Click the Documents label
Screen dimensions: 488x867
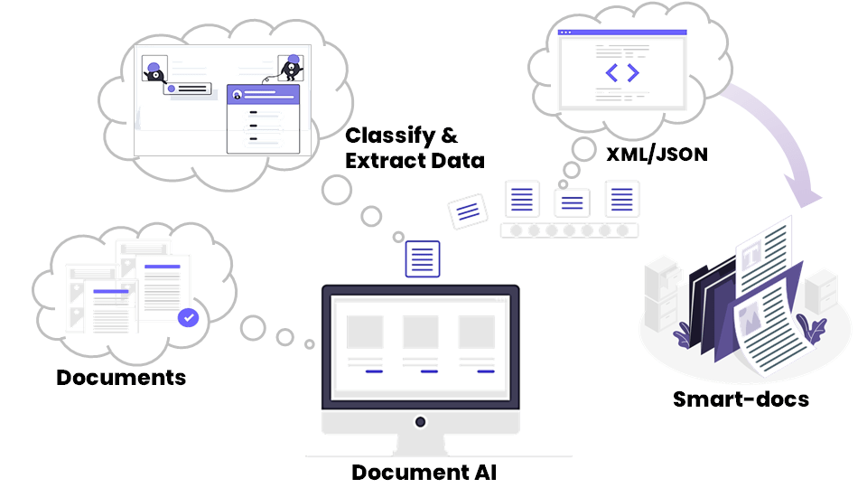pyautogui.click(x=121, y=377)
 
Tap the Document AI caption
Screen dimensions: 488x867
pyautogui.click(x=424, y=472)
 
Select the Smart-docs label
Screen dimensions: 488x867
pyautogui.click(x=741, y=399)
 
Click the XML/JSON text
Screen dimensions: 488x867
pyautogui.click(x=656, y=155)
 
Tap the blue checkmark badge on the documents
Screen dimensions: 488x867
pyautogui.click(x=188, y=317)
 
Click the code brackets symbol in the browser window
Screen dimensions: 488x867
pyautogui.click(x=622, y=72)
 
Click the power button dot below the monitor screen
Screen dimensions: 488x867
pyautogui.click(x=420, y=422)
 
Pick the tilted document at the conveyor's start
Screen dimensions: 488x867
pyautogui.click(x=467, y=211)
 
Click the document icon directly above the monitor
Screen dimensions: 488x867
pyautogui.click(x=423, y=258)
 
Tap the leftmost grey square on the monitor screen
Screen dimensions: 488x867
pyautogui.click(x=365, y=332)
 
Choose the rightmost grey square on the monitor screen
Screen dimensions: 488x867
pyautogui.click(x=477, y=332)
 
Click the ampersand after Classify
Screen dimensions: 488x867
pyautogui.click(x=449, y=136)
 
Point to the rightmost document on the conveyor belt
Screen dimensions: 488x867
pyautogui.click(x=622, y=198)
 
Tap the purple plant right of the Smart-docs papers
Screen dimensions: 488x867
pyautogui.click(x=812, y=331)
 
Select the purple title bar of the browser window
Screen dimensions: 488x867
pyautogui.click(x=622, y=33)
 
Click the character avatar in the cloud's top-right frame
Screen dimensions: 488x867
pyautogui.click(x=291, y=68)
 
